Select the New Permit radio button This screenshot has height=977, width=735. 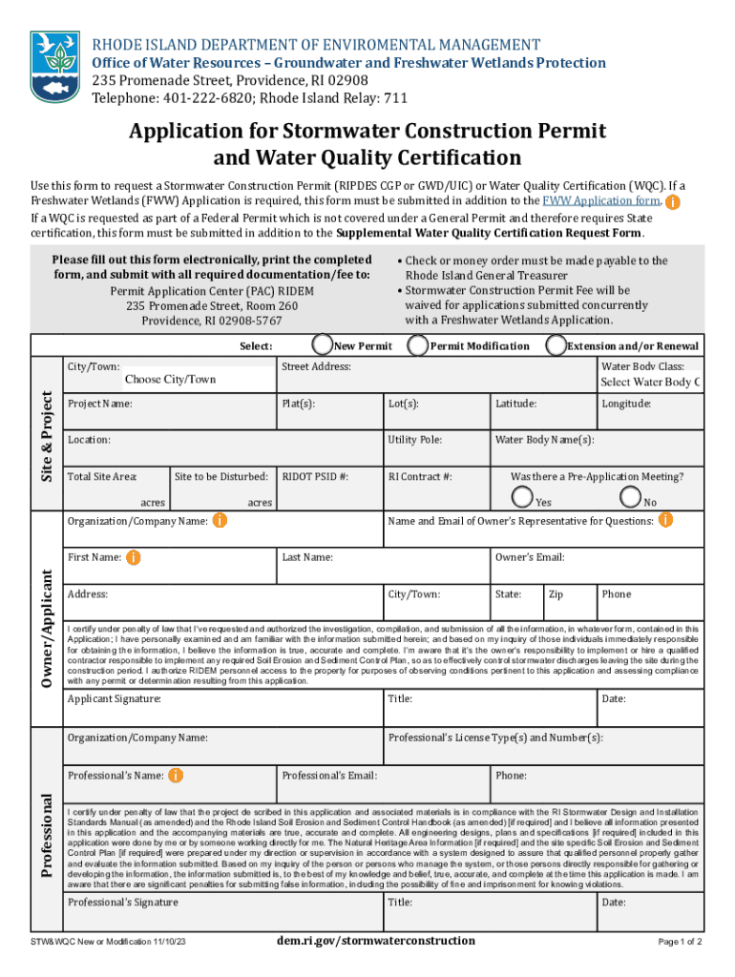coord(322,345)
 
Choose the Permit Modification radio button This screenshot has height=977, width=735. coord(416,345)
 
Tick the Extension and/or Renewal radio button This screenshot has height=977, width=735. coord(556,345)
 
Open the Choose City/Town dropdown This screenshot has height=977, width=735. coord(170,380)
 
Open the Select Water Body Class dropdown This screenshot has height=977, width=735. coord(650,383)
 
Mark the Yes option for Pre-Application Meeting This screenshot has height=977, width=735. coord(522,496)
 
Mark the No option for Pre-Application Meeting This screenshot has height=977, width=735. coord(630,496)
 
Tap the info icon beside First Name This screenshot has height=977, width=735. coord(134,556)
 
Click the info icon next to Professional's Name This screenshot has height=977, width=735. coord(176,776)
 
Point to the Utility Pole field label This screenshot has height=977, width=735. coord(414,440)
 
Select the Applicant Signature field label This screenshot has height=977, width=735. coord(114,699)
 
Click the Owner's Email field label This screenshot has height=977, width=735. coord(530,557)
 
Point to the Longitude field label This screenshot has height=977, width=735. coord(626,404)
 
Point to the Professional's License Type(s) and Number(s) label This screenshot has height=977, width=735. coord(495,738)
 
